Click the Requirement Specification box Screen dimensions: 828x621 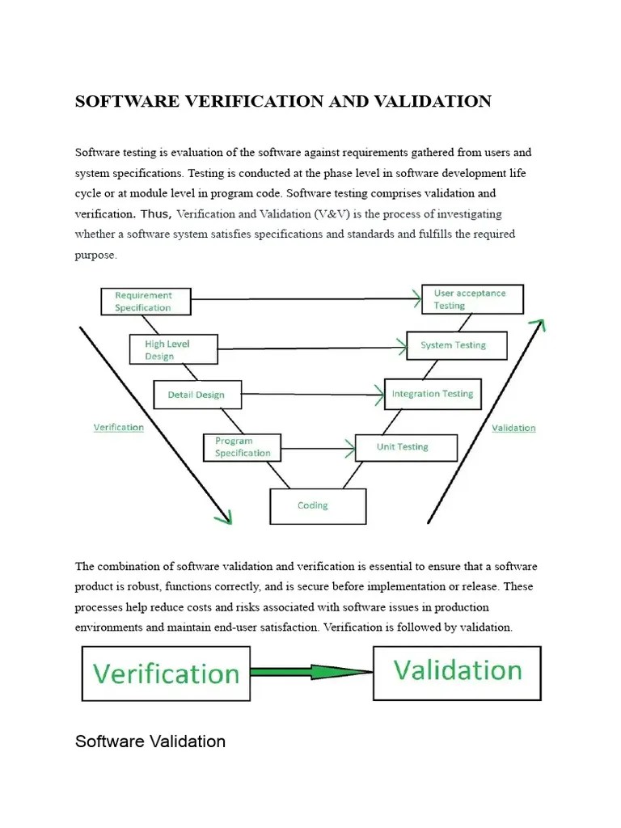[x=146, y=302]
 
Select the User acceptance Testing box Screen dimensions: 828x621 [x=472, y=299]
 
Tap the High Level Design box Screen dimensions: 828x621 [x=173, y=349]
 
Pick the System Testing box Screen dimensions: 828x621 [x=457, y=345]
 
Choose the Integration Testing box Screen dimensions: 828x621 [x=433, y=394]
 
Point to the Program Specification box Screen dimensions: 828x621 [x=242, y=447]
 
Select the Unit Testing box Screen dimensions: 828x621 [x=406, y=447]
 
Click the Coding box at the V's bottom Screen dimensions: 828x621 [x=317, y=506]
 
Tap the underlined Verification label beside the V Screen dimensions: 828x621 [x=119, y=427]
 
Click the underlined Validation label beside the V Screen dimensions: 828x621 [x=513, y=428]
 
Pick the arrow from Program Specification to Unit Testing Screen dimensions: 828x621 [x=319, y=447]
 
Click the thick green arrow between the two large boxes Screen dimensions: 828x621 [x=311, y=673]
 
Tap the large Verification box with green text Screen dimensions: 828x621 [x=166, y=673]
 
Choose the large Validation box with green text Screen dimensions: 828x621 [x=457, y=672]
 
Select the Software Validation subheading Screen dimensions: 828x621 [x=150, y=741]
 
